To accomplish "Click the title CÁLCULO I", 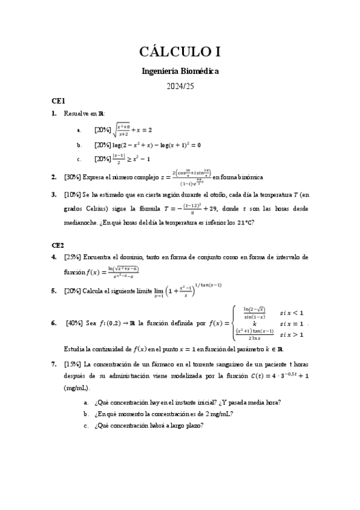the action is pyautogui.click(x=180, y=52).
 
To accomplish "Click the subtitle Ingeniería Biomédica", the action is pyautogui.click(x=180, y=71).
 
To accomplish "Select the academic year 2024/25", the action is pyautogui.click(x=180, y=87).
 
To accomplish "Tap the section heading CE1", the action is pyautogui.click(x=58, y=100).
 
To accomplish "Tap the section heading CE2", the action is pyautogui.click(x=58, y=245).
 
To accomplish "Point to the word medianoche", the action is pyautogui.click(x=83, y=221).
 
